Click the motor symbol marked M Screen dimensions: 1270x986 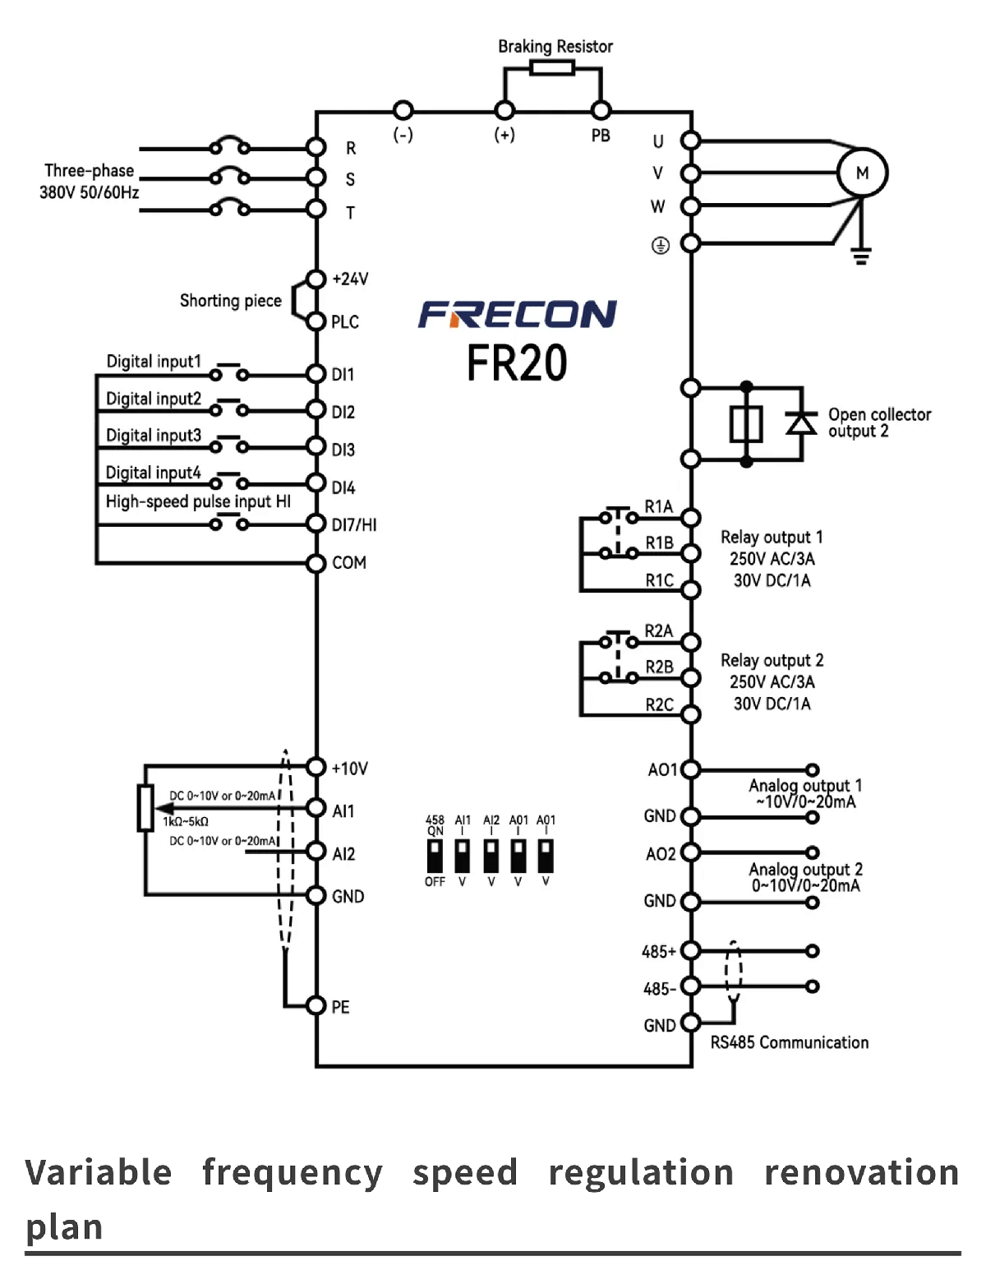pyautogui.click(x=862, y=173)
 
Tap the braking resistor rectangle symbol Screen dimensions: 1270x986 pyautogui.click(x=552, y=67)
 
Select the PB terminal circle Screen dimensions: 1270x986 pyautogui.click(x=601, y=110)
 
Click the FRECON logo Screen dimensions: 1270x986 pyautogui.click(x=518, y=314)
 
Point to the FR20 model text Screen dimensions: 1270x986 pyautogui.click(x=517, y=363)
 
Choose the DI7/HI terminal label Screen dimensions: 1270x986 pyautogui.click(x=354, y=524)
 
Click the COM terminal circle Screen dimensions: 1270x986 pyautogui.click(x=316, y=563)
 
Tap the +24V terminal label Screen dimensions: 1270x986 pyautogui.click(x=350, y=279)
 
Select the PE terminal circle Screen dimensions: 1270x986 pyautogui.click(x=316, y=1005)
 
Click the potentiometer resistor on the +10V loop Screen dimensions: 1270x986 pyautogui.click(x=145, y=808)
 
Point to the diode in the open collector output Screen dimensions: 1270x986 pyautogui.click(x=801, y=423)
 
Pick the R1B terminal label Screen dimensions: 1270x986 pyautogui.click(x=659, y=543)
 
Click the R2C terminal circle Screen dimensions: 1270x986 pyautogui.click(x=691, y=714)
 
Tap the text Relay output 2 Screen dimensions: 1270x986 pyautogui.click(x=772, y=660)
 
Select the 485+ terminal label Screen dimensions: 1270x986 pyautogui.click(x=659, y=952)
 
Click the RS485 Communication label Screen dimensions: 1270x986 pyautogui.click(x=789, y=1042)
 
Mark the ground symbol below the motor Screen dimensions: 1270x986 pyautogui.click(x=860, y=256)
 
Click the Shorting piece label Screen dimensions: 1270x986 pyautogui.click(x=230, y=301)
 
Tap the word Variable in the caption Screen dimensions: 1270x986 pyautogui.click(x=99, y=1172)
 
